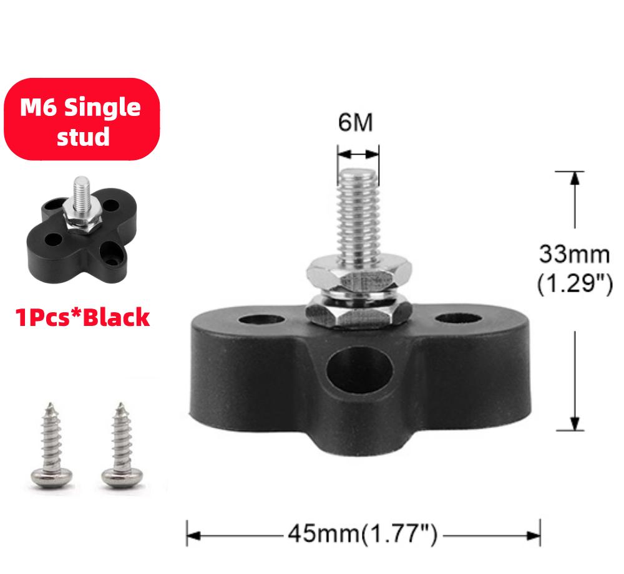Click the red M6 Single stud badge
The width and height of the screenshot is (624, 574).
pos(81,119)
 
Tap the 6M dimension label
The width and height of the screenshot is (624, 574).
pos(356,122)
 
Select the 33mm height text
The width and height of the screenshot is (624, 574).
pos(574,254)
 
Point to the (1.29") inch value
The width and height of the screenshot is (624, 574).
pos(574,283)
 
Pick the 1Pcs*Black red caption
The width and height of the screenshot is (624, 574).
pos(83,317)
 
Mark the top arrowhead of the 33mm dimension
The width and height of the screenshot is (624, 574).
pos(575,178)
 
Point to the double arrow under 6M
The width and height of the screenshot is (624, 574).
pos(358,152)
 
